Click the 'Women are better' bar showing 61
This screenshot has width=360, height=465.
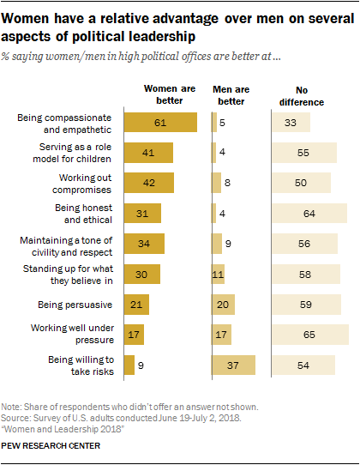160,122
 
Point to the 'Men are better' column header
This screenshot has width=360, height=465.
231,94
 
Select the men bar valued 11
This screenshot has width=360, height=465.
218,275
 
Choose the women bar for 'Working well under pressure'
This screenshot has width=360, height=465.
134,335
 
